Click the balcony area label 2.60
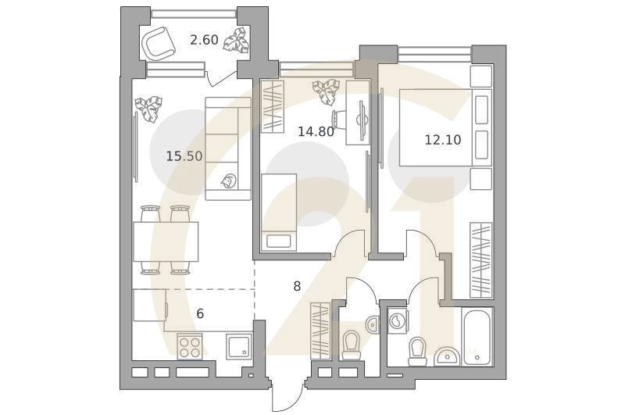click(x=204, y=39)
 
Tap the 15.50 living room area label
click(x=184, y=156)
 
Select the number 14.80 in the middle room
click(x=316, y=131)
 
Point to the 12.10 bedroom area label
click(x=442, y=140)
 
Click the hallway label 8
click(x=297, y=286)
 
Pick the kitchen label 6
click(x=200, y=313)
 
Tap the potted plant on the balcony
click(x=235, y=40)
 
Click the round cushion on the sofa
click(x=228, y=181)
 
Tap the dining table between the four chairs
click(x=165, y=241)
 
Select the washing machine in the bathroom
click(x=397, y=320)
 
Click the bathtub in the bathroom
click(x=477, y=338)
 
